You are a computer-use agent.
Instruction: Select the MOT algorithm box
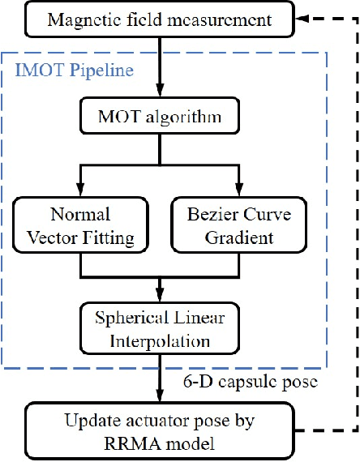coord(162,119)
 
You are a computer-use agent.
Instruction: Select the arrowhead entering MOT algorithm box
coord(162,95)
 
